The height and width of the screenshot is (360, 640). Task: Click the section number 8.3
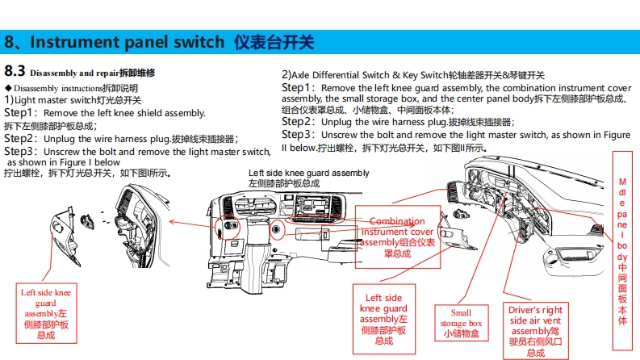pyautogui.click(x=15, y=71)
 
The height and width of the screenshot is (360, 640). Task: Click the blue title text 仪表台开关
pyautogui.click(x=274, y=42)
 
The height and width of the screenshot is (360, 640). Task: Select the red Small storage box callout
pyautogui.click(x=461, y=323)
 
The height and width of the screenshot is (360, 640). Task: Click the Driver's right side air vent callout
pyautogui.click(x=536, y=331)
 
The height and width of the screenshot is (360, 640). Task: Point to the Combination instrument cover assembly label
pyautogui.click(x=398, y=237)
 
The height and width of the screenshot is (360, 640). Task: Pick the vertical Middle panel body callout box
pyautogui.click(x=622, y=250)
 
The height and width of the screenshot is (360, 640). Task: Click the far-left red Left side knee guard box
pyautogui.click(x=46, y=313)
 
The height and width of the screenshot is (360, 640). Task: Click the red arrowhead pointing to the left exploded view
pyautogui.click(x=172, y=222)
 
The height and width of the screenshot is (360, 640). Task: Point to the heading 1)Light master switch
pyautogui.click(x=73, y=100)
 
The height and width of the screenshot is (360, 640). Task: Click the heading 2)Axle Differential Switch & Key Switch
pyautogui.click(x=413, y=75)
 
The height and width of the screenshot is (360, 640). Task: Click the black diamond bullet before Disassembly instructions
pyautogui.click(x=8, y=88)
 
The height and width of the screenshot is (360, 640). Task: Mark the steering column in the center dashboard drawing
pyautogui.click(x=256, y=257)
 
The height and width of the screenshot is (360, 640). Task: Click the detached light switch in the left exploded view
pyautogui.click(x=87, y=222)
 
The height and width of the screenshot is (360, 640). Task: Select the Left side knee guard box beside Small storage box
pyautogui.click(x=384, y=319)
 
